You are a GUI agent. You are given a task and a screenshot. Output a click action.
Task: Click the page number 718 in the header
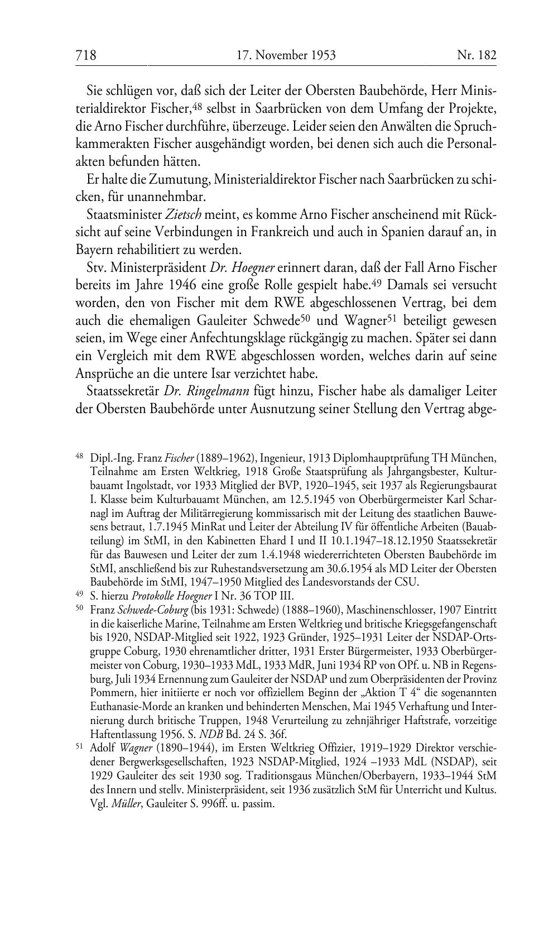coord(86,55)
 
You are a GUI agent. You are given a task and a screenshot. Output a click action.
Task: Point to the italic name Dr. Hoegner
coord(242,267)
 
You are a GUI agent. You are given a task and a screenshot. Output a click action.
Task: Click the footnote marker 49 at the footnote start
coord(80,593)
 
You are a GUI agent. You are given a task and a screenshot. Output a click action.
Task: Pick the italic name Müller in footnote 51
coord(127,805)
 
